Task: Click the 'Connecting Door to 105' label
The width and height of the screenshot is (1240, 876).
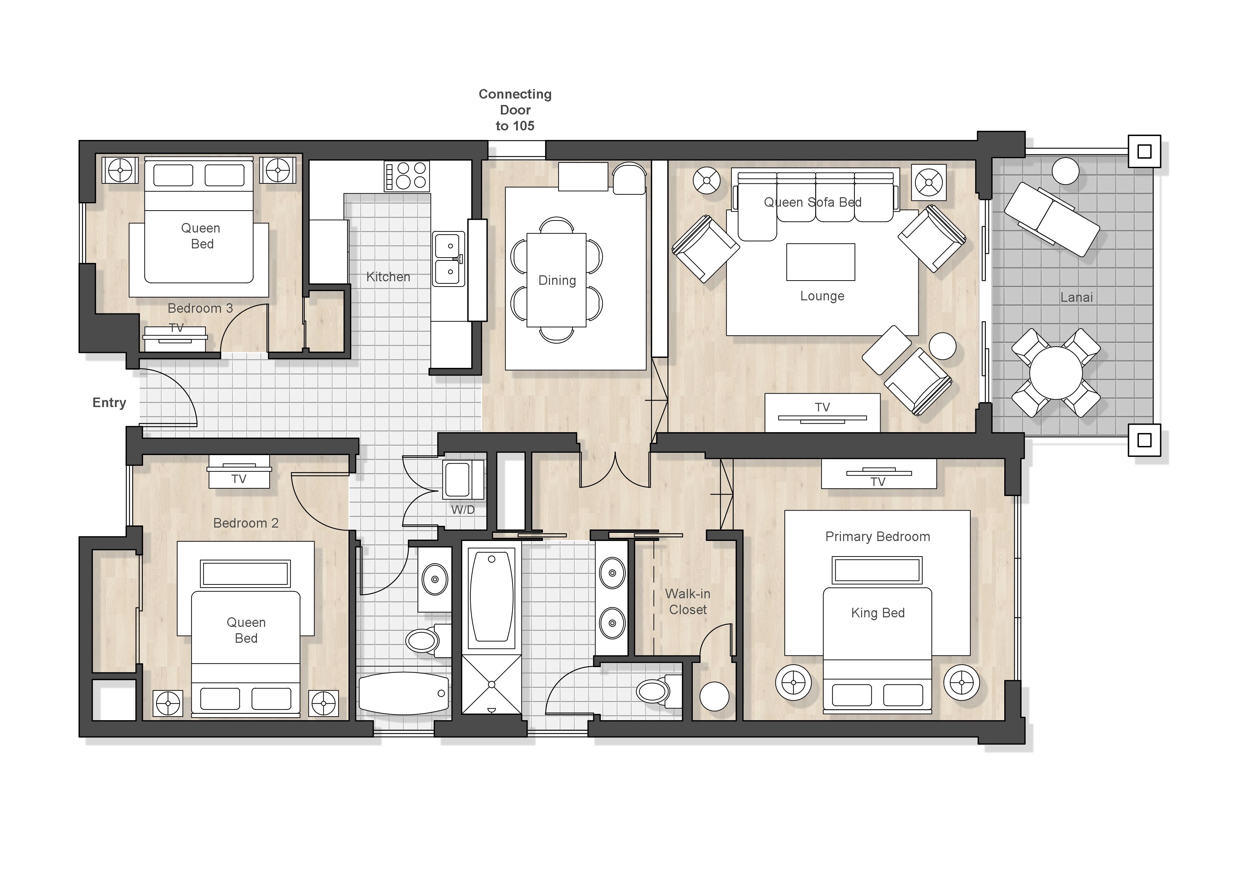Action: click(515, 110)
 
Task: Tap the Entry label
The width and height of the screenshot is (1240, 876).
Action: click(109, 402)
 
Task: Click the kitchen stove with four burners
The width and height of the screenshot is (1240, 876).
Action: click(406, 176)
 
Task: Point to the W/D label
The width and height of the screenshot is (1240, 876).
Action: click(463, 510)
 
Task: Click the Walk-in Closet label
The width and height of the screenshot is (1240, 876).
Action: click(688, 601)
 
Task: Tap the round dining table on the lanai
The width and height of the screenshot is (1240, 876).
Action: click(1056, 373)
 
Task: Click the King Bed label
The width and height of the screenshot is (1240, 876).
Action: click(878, 613)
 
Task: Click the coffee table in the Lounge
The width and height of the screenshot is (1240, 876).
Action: click(820, 262)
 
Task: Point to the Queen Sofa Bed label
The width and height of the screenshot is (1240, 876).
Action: click(812, 202)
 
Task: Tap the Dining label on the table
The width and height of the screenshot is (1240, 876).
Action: click(557, 281)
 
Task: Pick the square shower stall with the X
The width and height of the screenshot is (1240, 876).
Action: click(491, 684)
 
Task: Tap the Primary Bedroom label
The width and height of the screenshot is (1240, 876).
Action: click(878, 536)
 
